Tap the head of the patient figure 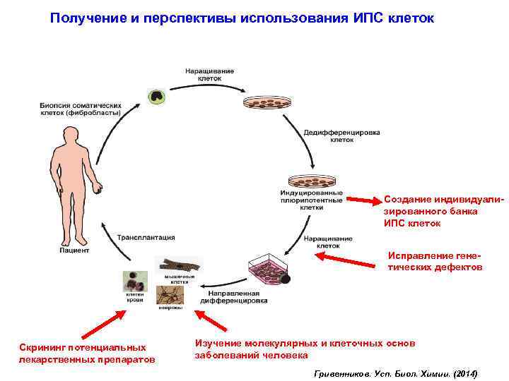click(x=72, y=135)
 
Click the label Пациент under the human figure click(x=74, y=250)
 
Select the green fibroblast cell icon click(x=155, y=97)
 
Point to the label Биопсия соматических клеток click(x=79, y=108)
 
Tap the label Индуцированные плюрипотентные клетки click(x=312, y=200)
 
